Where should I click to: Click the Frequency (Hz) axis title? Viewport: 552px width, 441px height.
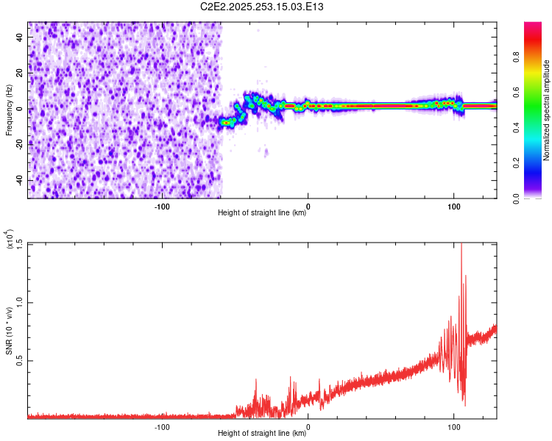coord(10,110)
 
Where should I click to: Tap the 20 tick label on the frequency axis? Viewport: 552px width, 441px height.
coord(20,73)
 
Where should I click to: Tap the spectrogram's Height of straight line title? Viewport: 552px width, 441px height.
coord(263,213)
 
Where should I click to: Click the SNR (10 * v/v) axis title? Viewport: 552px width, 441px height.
coord(10,331)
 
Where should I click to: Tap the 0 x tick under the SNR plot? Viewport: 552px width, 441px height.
coord(308,426)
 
